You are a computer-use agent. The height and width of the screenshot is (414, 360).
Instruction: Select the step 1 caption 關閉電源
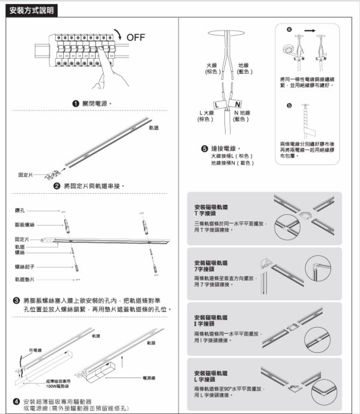pos(95,103)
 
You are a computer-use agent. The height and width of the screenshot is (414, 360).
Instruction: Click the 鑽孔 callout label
pos(20,211)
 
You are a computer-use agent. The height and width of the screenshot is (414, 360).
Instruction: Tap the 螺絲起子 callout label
pos(23,266)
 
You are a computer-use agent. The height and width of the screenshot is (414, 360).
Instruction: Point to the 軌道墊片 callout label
pos(23,280)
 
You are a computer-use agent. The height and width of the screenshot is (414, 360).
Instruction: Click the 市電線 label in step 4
pos(35,349)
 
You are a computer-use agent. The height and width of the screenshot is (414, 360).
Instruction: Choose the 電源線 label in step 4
pos(149,378)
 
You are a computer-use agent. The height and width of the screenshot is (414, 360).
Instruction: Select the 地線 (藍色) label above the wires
pos(244,68)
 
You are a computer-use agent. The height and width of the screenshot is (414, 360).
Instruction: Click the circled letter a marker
pos(289,28)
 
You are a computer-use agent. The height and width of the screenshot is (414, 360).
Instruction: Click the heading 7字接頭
pos(202,269)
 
